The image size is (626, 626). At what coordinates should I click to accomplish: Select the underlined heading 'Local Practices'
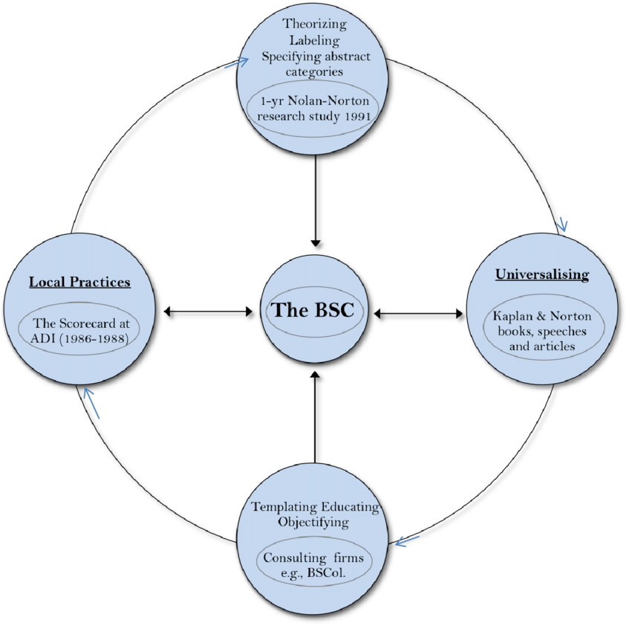(x=79, y=282)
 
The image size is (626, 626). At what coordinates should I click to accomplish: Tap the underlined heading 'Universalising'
(x=542, y=274)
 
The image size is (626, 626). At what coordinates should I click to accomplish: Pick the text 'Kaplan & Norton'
(x=542, y=316)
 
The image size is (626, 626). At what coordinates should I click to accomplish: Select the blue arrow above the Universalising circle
(x=562, y=224)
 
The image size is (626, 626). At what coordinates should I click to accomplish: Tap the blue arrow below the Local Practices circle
(x=91, y=402)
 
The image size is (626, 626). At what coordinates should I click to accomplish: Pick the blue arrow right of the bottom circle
(x=407, y=541)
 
